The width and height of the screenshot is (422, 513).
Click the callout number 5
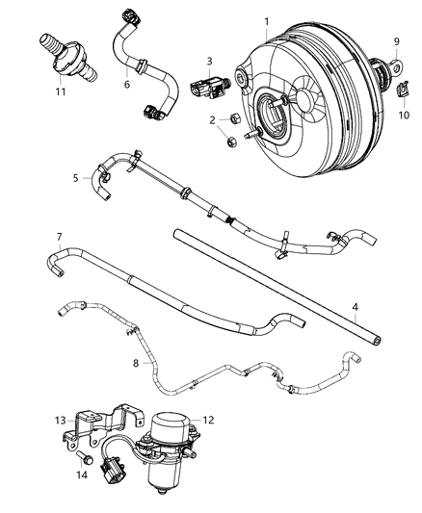click(75, 177)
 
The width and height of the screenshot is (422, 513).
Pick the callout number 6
click(126, 85)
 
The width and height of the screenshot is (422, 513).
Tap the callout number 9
click(395, 40)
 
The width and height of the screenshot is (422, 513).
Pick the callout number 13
click(59, 420)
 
